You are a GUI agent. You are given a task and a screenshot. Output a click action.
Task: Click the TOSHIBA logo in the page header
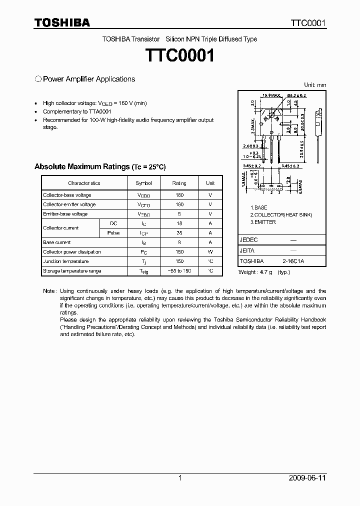[x=62, y=23]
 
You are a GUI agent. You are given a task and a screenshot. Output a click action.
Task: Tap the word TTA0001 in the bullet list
[x=100, y=111]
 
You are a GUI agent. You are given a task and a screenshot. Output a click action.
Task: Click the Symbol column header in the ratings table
[x=143, y=183]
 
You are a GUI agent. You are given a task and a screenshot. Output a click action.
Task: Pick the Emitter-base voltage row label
[x=65, y=214]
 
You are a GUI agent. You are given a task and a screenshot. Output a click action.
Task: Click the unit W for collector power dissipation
[x=210, y=252]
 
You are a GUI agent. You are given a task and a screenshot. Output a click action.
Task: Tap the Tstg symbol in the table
[x=143, y=271]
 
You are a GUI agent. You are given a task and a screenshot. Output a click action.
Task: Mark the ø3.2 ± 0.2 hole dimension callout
[x=296, y=95]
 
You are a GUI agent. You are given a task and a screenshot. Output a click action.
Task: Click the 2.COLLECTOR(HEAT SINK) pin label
[x=281, y=214]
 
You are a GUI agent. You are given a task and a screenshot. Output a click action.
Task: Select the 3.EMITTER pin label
[x=263, y=222]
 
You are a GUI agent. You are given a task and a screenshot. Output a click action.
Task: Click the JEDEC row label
[x=249, y=240]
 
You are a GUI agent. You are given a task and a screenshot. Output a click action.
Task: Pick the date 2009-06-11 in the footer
[x=307, y=478]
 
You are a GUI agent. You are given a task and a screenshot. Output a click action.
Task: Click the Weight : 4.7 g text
[x=257, y=272]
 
